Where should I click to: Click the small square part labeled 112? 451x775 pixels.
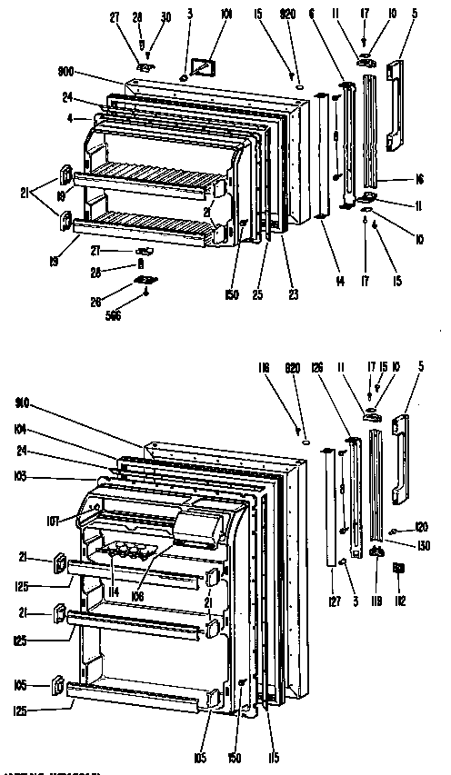(397, 569)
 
